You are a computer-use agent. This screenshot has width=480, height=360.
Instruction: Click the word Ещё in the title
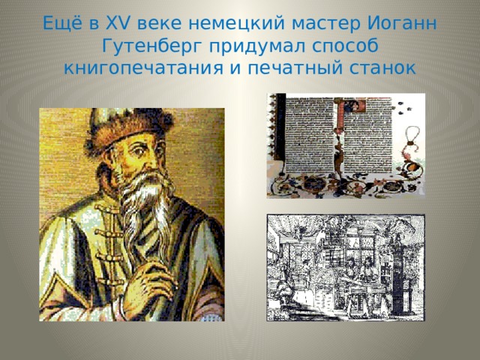click(57, 22)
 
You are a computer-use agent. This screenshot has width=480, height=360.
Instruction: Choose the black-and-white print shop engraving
click(346, 268)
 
